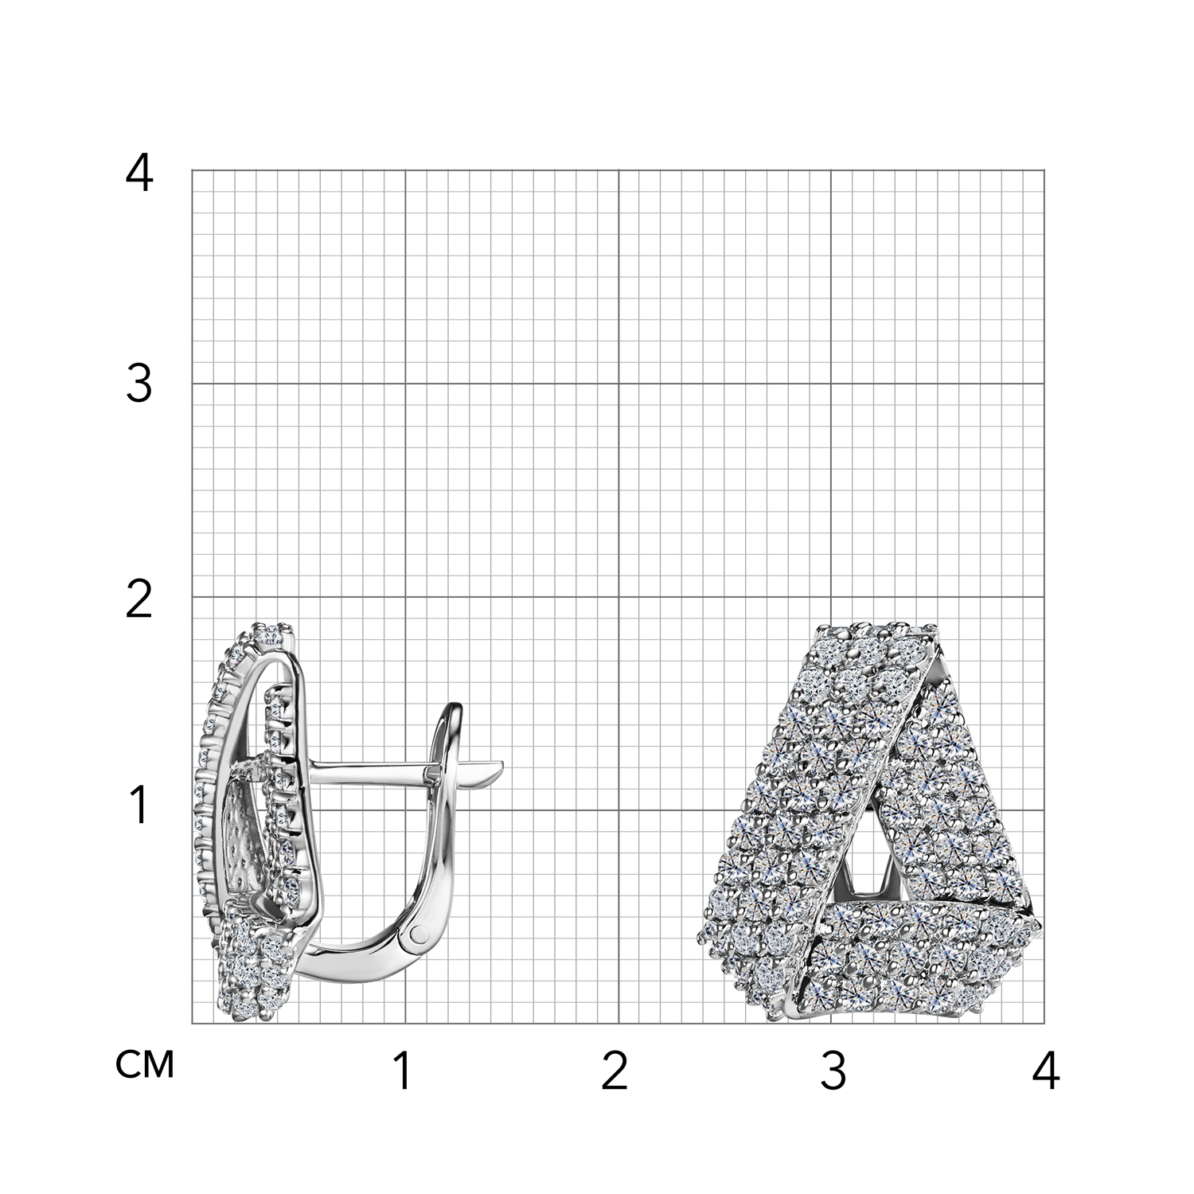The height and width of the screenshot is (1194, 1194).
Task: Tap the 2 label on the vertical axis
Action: [x=139, y=600]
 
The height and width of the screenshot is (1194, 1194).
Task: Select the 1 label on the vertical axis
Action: [x=140, y=805]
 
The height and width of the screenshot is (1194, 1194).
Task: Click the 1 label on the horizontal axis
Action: [x=404, y=1072]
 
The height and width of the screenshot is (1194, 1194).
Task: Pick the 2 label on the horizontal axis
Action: [x=615, y=1072]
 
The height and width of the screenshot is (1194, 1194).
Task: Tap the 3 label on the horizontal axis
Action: [x=833, y=1072]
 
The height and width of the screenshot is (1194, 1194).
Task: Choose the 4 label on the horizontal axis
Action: [x=1045, y=1072]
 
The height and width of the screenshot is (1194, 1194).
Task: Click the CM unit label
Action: [x=145, y=1065]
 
